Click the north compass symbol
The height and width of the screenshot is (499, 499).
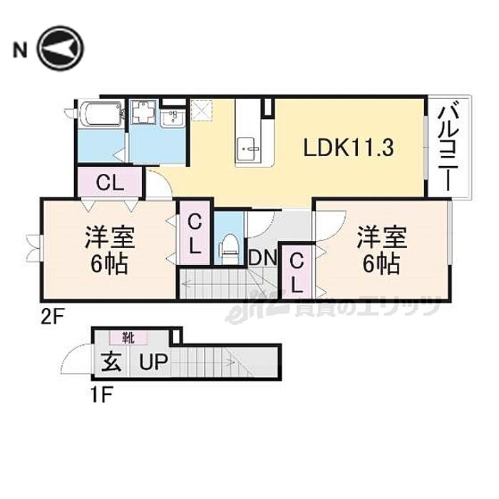[x=61, y=48]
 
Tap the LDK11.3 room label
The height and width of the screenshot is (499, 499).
[x=350, y=148]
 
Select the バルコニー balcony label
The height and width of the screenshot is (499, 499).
[x=448, y=147]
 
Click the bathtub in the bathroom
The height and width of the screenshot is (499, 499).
[x=101, y=114]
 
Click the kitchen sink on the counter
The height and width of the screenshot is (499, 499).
[x=250, y=148]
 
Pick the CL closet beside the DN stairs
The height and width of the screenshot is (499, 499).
[x=297, y=271]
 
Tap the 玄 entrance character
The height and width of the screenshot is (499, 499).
[x=111, y=364]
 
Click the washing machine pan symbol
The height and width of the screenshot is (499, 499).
[x=145, y=113]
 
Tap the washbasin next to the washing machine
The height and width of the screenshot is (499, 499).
[x=173, y=118]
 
